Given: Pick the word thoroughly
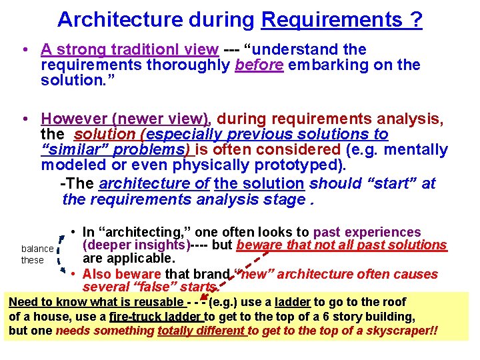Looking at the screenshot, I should [x=187, y=65].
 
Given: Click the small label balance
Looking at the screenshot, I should [x=37, y=249].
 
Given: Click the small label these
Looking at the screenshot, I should [x=32, y=260].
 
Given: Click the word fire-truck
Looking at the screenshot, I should [x=133, y=317].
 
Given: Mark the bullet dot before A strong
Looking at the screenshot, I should [x=24, y=50].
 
